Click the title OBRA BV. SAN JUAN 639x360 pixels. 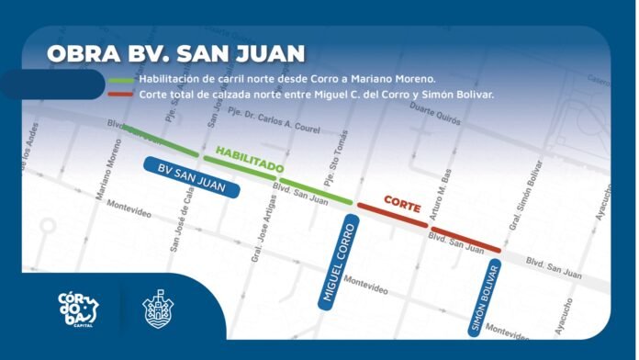tap(176, 52)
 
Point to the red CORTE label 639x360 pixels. tap(402, 203)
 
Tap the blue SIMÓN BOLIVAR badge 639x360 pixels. tap(484, 299)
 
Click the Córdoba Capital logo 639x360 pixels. tap(80, 309)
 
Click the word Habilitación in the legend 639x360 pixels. tap(169, 79)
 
